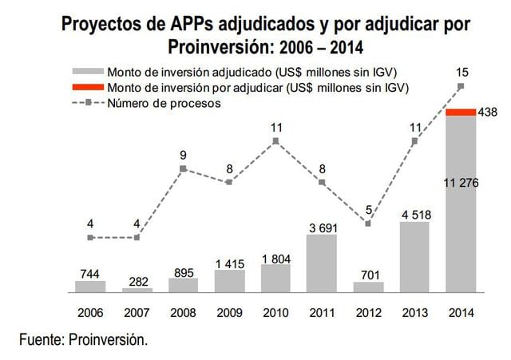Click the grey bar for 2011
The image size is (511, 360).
(x=322, y=263)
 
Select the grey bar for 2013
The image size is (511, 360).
(x=414, y=257)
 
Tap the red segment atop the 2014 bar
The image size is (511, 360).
(x=461, y=113)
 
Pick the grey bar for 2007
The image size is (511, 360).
(x=137, y=289)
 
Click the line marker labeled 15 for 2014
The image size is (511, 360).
(x=461, y=85)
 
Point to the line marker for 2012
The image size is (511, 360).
(x=368, y=224)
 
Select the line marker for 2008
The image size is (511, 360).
(x=183, y=168)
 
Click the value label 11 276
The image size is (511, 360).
(x=461, y=184)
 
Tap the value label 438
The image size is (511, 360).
(x=488, y=113)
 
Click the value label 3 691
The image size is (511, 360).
(x=322, y=227)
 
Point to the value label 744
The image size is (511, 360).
(x=90, y=273)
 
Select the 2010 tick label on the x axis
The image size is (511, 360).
(x=275, y=313)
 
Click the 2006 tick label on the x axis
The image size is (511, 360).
(x=90, y=313)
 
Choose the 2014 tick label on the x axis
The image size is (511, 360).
(x=461, y=313)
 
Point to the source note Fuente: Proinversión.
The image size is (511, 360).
(x=84, y=340)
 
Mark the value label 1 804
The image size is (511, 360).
(x=275, y=257)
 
